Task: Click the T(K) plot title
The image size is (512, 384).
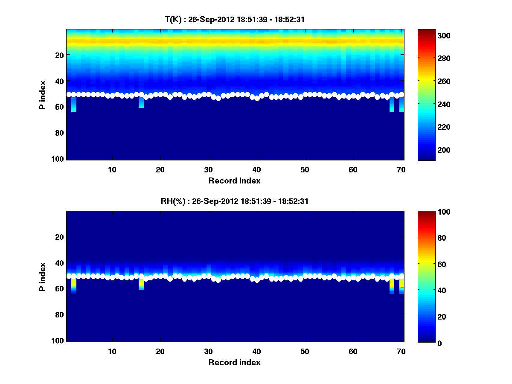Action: click(x=234, y=19)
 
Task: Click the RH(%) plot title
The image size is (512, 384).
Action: click(x=234, y=201)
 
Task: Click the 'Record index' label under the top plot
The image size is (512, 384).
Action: click(x=234, y=180)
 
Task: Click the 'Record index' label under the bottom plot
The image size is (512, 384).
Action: click(x=234, y=362)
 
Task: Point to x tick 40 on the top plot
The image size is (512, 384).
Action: click(x=256, y=169)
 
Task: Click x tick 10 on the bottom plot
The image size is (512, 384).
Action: click(x=112, y=351)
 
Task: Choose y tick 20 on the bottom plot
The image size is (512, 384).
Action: click(x=59, y=237)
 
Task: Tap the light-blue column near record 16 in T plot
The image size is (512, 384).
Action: click(x=141, y=102)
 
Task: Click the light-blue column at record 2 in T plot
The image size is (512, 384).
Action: click(x=74, y=105)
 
